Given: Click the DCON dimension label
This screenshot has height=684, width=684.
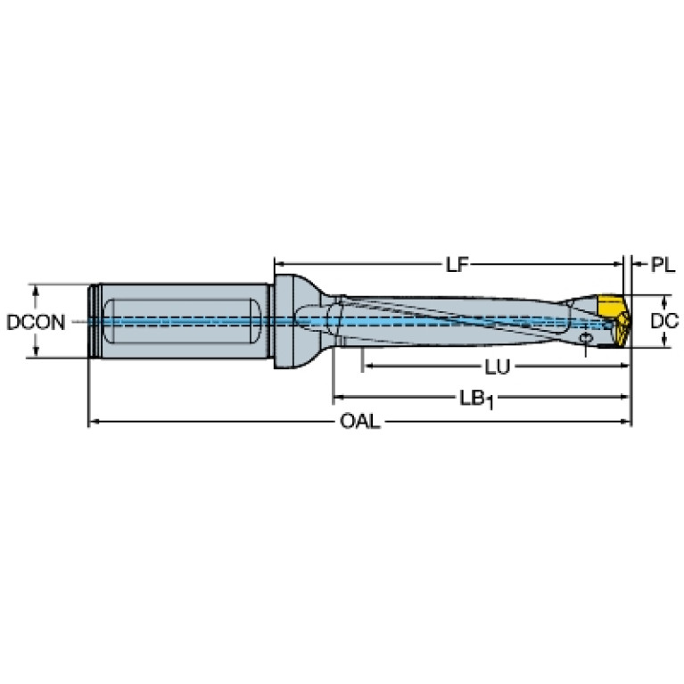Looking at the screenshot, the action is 36,322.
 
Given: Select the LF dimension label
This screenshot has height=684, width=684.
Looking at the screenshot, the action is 457,264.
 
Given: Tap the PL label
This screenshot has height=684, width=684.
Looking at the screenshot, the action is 663,264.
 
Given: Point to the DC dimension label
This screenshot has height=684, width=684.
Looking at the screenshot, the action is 664,321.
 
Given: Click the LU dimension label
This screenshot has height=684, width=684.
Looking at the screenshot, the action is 498,367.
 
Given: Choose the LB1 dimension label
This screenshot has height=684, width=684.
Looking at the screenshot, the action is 477,400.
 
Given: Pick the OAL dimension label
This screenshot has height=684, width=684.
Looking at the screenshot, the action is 360,422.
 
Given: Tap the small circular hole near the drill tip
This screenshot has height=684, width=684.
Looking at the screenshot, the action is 585,338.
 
